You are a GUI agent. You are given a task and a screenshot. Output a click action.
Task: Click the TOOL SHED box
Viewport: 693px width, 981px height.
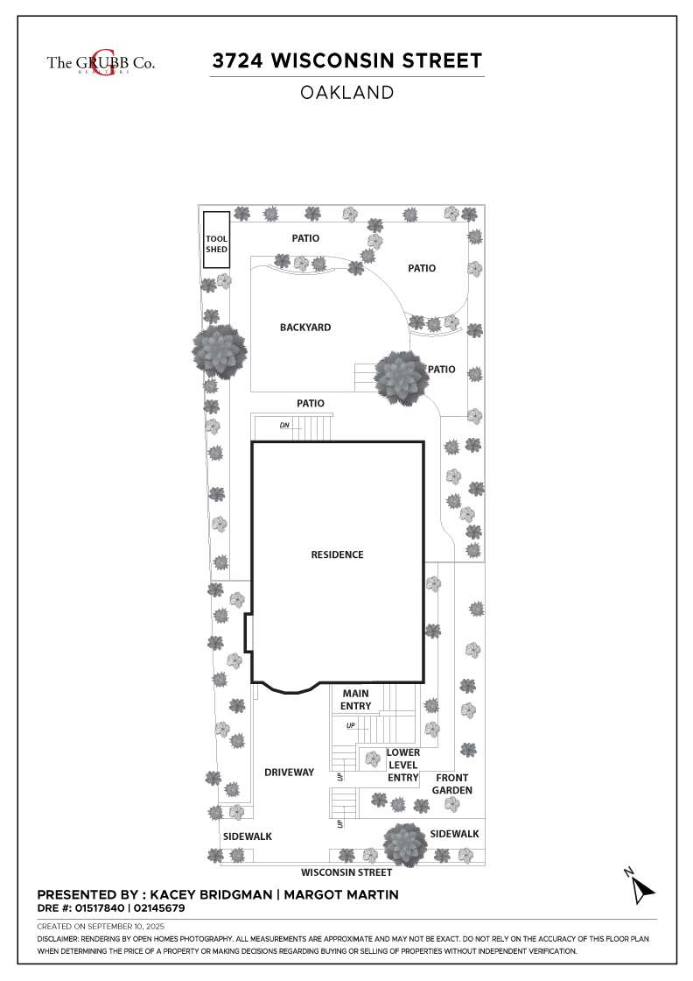pyautogui.click(x=216, y=240)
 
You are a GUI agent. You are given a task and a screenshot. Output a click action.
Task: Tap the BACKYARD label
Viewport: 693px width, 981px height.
pyautogui.click(x=305, y=328)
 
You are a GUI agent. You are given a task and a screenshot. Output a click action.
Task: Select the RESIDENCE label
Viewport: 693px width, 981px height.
pyautogui.click(x=337, y=554)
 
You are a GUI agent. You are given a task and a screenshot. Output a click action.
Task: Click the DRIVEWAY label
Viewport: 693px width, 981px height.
pyautogui.click(x=289, y=772)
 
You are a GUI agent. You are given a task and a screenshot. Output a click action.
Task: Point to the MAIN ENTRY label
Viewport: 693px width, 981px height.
pyautogui.click(x=355, y=700)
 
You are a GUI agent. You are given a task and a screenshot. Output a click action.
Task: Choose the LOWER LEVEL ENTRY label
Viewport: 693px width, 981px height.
pyautogui.click(x=403, y=765)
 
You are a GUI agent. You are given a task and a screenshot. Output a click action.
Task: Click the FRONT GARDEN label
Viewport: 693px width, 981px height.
pyautogui.click(x=451, y=784)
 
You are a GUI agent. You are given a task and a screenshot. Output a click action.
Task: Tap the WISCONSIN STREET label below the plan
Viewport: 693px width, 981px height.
pyautogui.click(x=346, y=872)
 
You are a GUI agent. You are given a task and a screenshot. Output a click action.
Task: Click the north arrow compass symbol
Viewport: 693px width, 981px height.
pyautogui.click(x=640, y=886)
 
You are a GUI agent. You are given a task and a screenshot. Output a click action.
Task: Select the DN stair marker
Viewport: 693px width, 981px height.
pyautogui.click(x=284, y=426)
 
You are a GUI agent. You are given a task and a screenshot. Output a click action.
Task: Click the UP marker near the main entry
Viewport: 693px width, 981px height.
pyautogui.click(x=351, y=726)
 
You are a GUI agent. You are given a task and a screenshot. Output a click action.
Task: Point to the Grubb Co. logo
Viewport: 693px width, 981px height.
pyautogui.click(x=101, y=62)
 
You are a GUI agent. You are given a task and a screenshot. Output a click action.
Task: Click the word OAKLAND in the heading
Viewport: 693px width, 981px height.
pyautogui.click(x=346, y=93)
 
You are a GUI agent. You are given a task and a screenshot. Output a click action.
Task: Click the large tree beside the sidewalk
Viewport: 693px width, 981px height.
pyautogui.click(x=405, y=844)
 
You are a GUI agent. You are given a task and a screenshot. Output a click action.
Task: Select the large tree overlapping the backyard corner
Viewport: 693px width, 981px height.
pyautogui.click(x=401, y=378)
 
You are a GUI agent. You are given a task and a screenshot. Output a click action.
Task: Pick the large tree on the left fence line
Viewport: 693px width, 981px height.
pyautogui.click(x=219, y=351)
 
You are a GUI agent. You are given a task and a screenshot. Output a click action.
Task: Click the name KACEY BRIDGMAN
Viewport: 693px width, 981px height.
pyautogui.click(x=211, y=894)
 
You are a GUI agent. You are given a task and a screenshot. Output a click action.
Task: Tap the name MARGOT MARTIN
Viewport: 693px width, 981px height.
pyautogui.click(x=341, y=894)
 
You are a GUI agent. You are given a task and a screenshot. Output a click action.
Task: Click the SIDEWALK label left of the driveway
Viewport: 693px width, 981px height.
pyautogui.click(x=248, y=836)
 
